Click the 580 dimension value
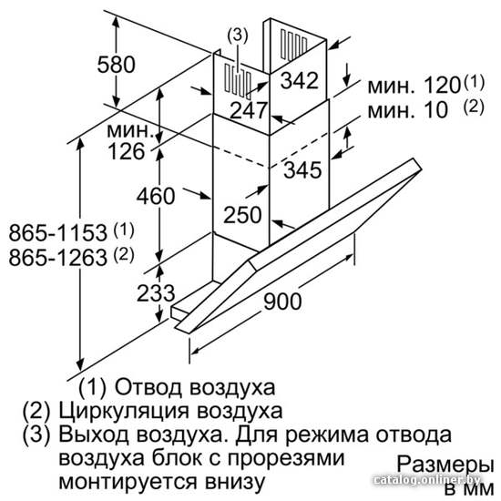(x=117, y=65)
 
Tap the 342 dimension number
(x=300, y=80)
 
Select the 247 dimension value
(x=249, y=110)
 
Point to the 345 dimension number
(x=302, y=169)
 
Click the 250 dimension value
(x=242, y=215)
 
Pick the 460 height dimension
(x=156, y=196)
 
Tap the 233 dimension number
(x=156, y=293)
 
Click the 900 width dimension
(x=282, y=301)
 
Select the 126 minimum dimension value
(x=127, y=151)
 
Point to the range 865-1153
(x=57, y=232)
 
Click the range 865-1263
(x=57, y=258)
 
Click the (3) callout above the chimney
(x=238, y=36)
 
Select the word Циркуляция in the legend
(x=124, y=411)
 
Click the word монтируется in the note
(x=128, y=482)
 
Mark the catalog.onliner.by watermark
(x=427, y=479)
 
